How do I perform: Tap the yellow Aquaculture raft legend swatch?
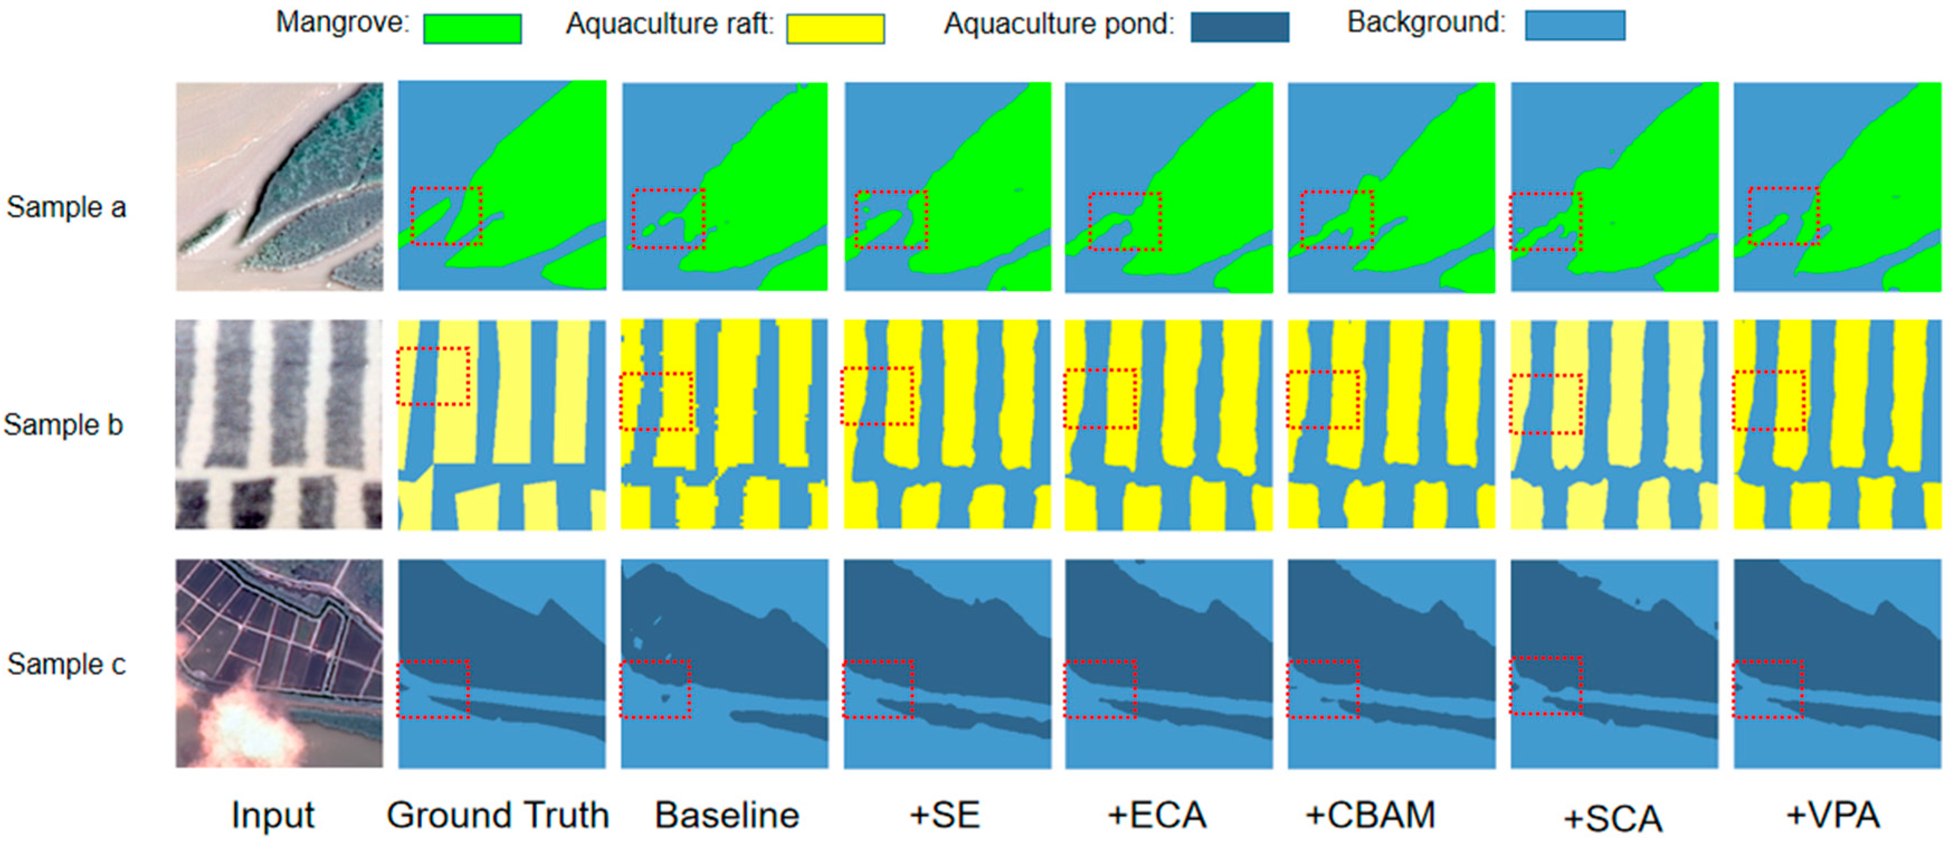coord(835,29)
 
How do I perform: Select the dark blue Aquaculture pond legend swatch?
coord(1239,27)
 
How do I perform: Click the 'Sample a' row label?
coord(66,207)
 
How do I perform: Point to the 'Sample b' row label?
coord(63,424)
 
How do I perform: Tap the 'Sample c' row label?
coord(66,664)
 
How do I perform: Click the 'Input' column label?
coord(272,815)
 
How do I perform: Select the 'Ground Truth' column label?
coord(497,815)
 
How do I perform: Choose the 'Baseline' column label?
coord(726,815)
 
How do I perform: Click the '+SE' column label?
coord(944,815)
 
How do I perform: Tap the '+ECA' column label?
coord(1156,815)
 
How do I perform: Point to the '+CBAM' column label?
coord(1370,815)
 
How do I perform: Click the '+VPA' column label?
coord(1832,815)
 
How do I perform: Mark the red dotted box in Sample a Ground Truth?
coord(446,216)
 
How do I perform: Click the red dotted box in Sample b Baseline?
coord(656,402)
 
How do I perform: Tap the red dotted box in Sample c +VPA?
coord(1768,689)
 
